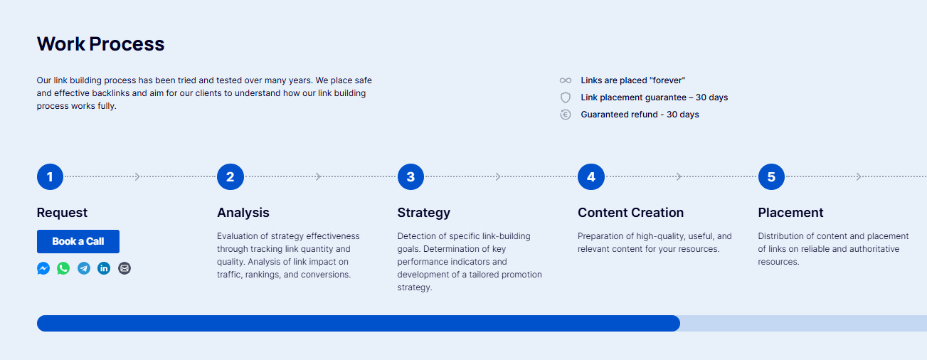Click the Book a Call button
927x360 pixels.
click(x=78, y=241)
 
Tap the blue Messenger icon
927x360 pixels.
click(x=43, y=268)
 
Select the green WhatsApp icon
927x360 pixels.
click(x=63, y=268)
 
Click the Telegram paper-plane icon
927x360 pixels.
click(x=84, y=268)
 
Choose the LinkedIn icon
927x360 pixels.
click(x=104, y=268)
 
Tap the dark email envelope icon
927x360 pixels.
click(x=125, y=268)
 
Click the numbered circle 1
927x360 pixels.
click(x=50, y=177)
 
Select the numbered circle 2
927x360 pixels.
click(x=231, y=177)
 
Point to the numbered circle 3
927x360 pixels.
click(x=410, y=177)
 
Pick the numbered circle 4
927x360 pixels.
click(x=591, y=177)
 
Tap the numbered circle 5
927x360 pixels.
click(x=771, y=177)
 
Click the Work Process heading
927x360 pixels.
click(x=100, y=44)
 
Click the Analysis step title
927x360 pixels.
click(x=243, y=213)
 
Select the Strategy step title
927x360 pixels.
click(x=423, y=213)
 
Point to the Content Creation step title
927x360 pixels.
click(x=630, y=213)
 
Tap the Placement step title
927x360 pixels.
click(x=790, y=213)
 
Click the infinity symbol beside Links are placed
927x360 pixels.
click(x=566, y=80)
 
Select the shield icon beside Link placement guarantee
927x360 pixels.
click(x=566, y=97)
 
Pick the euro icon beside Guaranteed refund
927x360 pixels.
click(x=566, y=115)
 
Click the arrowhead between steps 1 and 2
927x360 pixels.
click(x=137, y=177)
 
